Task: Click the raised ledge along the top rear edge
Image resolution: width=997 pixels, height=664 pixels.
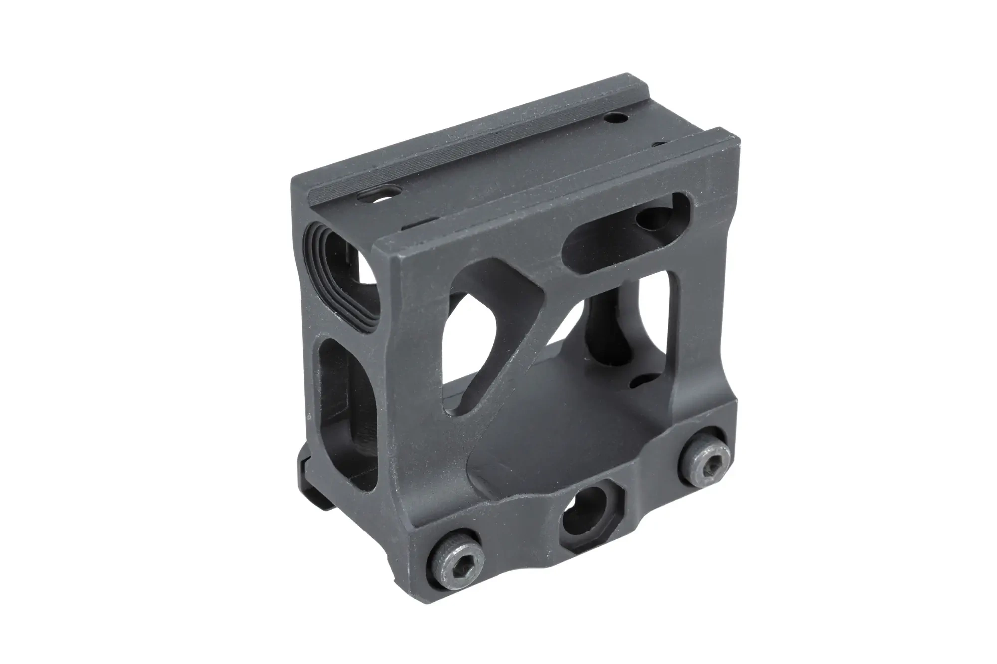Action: pyautogui.click(x=449, y=149)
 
